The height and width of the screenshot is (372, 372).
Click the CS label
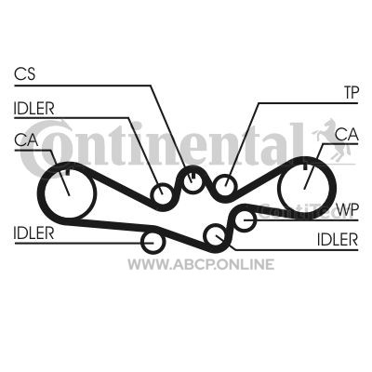click(25, 73)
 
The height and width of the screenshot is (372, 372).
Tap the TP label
click(352, 92)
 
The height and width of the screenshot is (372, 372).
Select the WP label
click(347, 210)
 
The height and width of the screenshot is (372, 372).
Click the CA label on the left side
click(26, 139)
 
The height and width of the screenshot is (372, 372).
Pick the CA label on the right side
click(347, 135)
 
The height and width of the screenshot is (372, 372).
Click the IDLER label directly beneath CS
click(33, 108)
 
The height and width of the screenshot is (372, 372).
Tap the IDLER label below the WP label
click(338, 239)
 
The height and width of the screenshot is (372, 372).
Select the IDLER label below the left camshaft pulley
click(33, 233)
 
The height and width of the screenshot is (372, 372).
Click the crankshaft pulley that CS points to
click(193, 180)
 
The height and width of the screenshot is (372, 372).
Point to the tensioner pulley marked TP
click(226, 185)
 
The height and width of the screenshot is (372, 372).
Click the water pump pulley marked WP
click(246, 219)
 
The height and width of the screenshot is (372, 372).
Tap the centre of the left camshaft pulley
click(69, 193)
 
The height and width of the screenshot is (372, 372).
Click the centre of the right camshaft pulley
click(304, 189)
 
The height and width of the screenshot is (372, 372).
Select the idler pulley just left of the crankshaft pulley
click(162, 194)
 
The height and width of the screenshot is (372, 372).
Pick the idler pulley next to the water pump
click(215, 235)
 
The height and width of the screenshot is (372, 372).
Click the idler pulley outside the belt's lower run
click(153, 242)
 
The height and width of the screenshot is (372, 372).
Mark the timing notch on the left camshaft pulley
click(68, 171)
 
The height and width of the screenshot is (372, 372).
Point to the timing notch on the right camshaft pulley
click(304, 166)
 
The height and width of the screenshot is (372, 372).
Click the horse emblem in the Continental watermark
click(333, 140)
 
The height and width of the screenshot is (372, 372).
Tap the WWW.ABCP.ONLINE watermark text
click(201, 264)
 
